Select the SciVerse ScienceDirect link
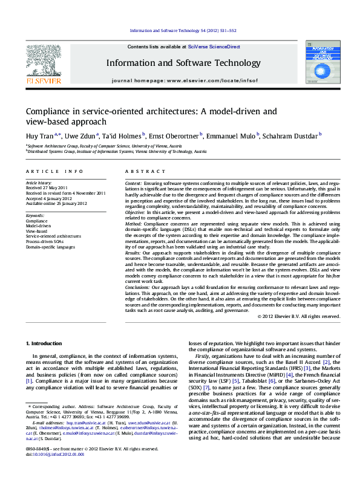point(214,47)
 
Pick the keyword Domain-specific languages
point(50,247)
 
